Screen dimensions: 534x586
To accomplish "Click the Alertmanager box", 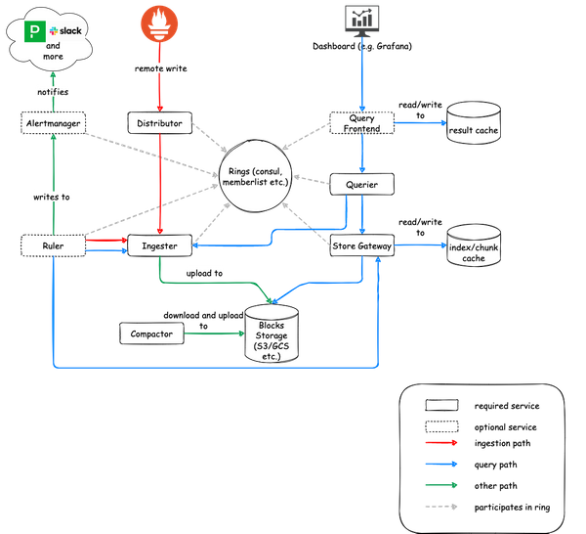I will [52, 123].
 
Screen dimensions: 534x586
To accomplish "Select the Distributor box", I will [157, 123].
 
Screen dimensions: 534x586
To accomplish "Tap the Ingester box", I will [157, 246].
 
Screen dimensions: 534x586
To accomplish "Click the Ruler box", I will [53, 246].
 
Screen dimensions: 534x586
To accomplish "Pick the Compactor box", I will [151, 334].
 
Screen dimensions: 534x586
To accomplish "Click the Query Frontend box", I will [362, 123].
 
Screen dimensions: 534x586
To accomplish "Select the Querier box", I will [362, 184].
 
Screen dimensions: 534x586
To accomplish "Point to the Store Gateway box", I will [362, 246].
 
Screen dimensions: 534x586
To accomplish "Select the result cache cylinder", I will [474, 124].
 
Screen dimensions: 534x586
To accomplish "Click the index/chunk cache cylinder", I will [474, 248].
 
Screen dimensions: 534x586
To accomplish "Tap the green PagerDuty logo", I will [36, 30].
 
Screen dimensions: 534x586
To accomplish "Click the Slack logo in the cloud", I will [70, 31].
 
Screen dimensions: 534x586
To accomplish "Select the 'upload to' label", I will [205, 273].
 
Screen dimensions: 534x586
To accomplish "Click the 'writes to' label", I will [53, 197].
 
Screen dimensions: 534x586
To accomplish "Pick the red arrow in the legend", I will [441, 442].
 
